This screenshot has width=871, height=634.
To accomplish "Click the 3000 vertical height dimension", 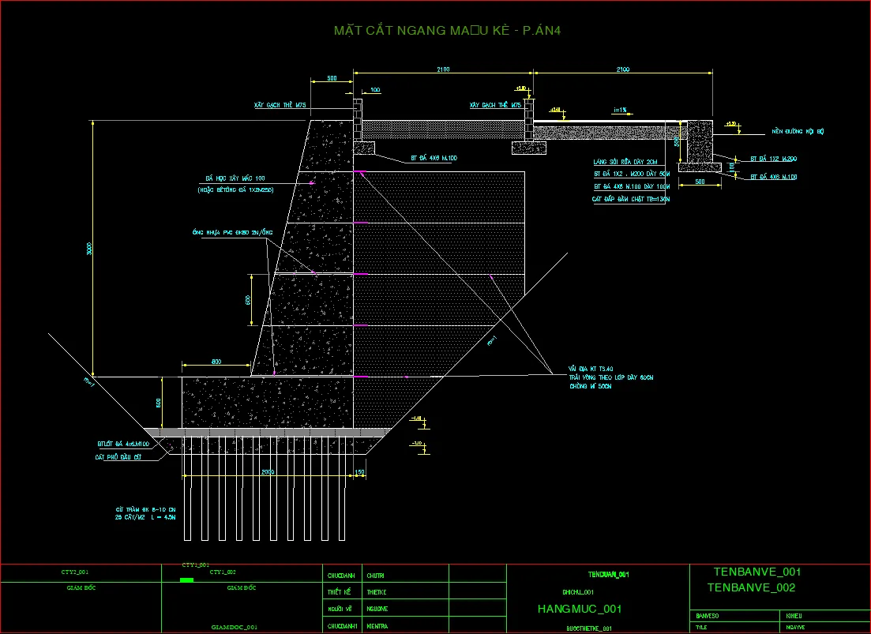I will coord(90,248).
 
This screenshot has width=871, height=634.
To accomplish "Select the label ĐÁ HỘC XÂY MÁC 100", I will coord(235,178).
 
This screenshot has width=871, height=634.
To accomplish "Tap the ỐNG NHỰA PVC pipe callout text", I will coord(232,232).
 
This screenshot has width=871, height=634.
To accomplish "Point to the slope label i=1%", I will coord(619,110).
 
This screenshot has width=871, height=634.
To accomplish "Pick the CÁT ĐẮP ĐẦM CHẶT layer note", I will coord(630,200).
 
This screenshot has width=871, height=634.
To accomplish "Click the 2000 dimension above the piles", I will coord(268,472).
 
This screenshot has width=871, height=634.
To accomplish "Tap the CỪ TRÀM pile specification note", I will coord(145,514).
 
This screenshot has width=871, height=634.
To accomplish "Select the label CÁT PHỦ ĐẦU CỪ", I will coord(118,456).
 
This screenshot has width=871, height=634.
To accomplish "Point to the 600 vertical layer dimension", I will coord(247,300).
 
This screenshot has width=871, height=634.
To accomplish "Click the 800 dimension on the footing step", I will coord(216,362).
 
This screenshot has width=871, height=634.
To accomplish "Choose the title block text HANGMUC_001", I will coord(579,609).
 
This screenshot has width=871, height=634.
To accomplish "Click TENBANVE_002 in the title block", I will coord(751,587).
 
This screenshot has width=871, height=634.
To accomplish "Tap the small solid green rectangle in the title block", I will coord(186,580).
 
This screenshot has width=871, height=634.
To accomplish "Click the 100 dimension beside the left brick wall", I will coord(375,90).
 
